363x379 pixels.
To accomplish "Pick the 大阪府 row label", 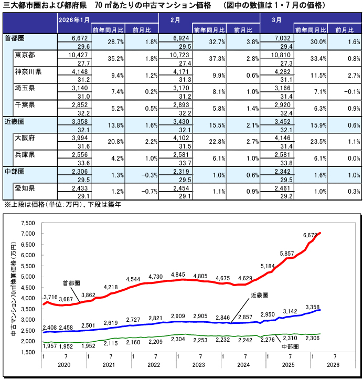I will click(x=25, y=138).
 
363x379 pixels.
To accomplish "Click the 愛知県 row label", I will click(x=25, y=187).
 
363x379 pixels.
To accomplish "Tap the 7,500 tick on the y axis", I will click(x=28, y=223).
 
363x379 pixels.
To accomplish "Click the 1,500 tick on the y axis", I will click(x=28, y=352).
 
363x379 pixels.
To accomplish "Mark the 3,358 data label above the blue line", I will click(x=313, y=307).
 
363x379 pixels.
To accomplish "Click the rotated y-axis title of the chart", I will click(x=12, y=288).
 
